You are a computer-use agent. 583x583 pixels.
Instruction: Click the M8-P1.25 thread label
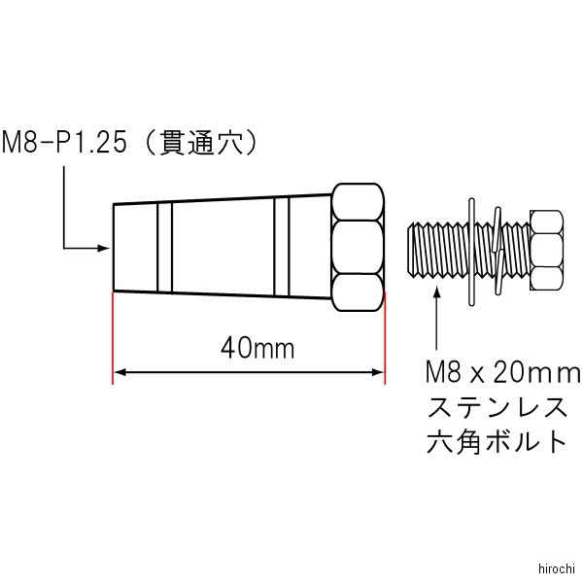[64, 143]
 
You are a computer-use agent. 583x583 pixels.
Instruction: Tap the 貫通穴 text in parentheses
[201, 143]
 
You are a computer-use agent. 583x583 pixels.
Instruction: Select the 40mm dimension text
[257, 349]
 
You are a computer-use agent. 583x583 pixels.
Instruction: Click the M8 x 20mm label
[503, 373]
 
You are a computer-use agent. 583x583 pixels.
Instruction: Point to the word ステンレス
[497, 407]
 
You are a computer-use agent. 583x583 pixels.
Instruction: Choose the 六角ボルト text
[497, 441]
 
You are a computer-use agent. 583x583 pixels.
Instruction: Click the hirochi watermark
[557, 568]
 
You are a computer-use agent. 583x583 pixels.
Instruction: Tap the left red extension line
[113, 337]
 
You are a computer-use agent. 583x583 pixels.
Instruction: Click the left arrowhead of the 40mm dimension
[120, 372]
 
